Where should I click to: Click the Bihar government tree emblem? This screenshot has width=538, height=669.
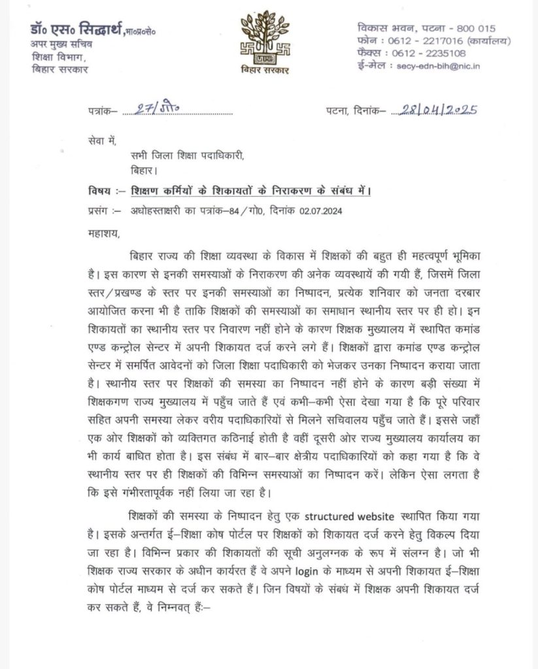[267, 37]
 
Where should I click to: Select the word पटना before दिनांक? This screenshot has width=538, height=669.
[337, 112]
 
